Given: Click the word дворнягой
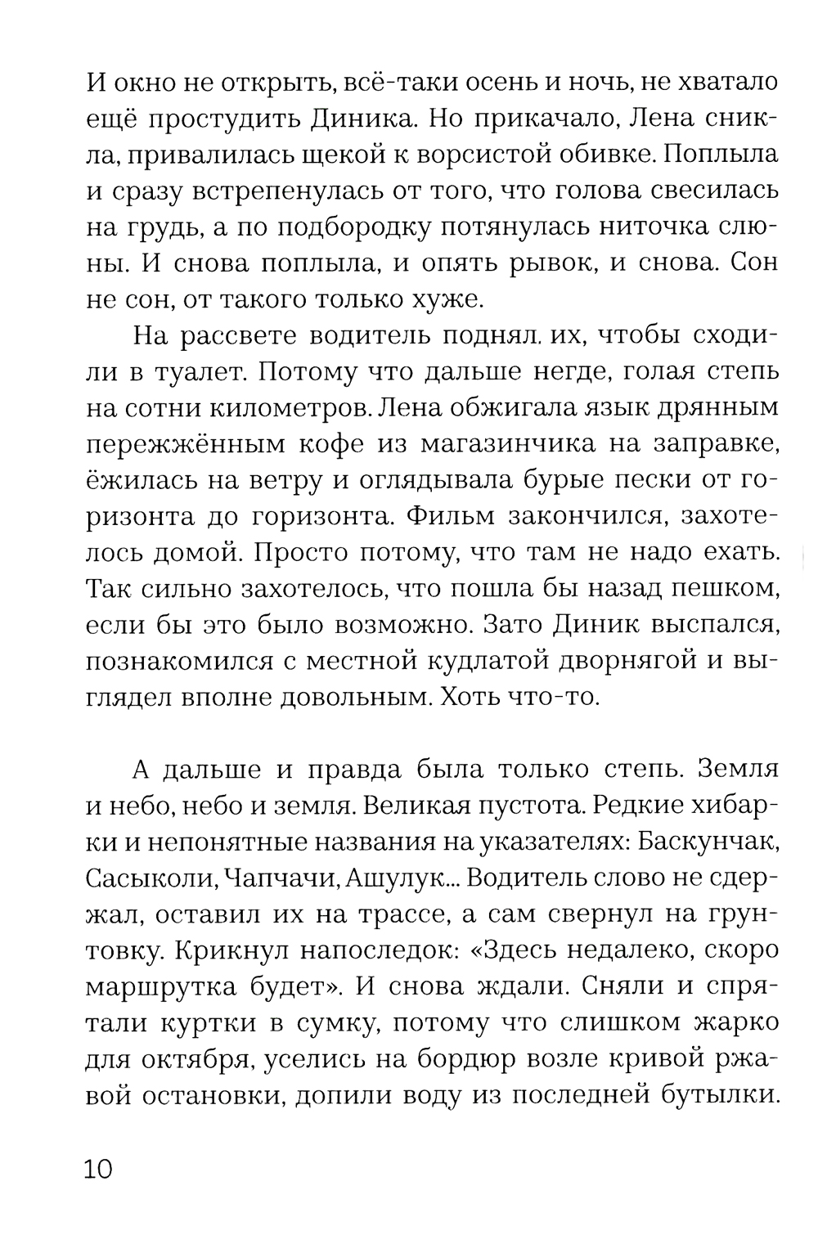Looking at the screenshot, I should (629, 661).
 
